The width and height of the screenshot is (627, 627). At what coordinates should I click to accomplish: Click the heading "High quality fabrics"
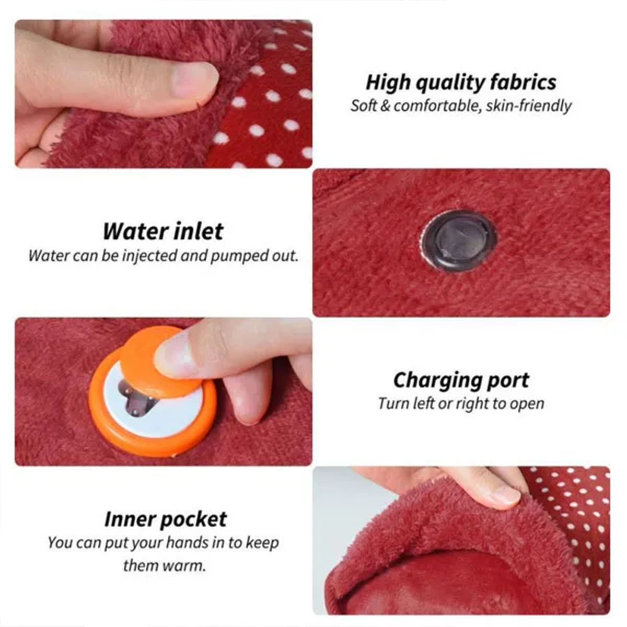coord(461,83)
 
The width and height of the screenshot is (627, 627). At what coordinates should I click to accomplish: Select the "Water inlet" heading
coord(163,231)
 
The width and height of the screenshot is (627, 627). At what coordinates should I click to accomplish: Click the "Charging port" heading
coord(461,380)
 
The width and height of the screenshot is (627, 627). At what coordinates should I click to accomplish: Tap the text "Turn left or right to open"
coord(461,404)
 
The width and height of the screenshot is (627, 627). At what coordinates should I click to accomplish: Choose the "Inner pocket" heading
coord(165,519)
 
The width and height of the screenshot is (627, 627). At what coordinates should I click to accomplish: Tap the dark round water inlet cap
coord(459,241)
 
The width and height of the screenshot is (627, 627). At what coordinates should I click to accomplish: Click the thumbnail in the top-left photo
coord(195,80)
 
